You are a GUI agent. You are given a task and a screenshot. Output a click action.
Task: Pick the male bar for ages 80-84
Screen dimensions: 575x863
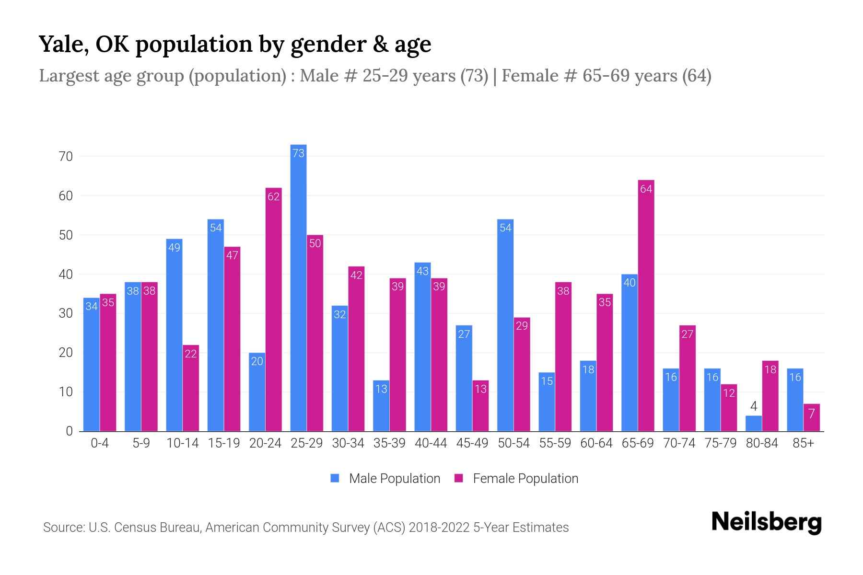click(x=754, y=424)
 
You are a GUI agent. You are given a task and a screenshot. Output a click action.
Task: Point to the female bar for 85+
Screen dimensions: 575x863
click(x=811, y=418)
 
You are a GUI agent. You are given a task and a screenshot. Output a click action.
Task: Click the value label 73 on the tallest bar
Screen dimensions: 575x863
click(x=298, y=153)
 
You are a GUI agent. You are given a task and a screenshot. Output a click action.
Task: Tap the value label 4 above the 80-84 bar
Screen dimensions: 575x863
click(x=754, y=406)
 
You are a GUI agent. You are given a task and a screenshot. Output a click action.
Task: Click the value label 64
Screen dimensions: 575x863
click(x=646, y=189)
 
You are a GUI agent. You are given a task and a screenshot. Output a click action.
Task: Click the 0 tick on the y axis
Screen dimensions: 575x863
click(x=69, y=431)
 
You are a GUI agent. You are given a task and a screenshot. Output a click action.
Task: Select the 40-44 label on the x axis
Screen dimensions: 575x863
click(x=431, y=443)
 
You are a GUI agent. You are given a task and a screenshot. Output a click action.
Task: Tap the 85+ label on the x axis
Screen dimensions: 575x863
click(x=803, y=443)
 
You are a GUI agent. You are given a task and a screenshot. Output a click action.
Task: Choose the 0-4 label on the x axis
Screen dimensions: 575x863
click(x=100, y=443)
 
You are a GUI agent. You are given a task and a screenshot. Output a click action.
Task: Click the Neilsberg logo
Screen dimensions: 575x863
click(x=766, y=522)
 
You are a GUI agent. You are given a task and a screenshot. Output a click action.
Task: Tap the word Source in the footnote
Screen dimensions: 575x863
click(x=63, y=528)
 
